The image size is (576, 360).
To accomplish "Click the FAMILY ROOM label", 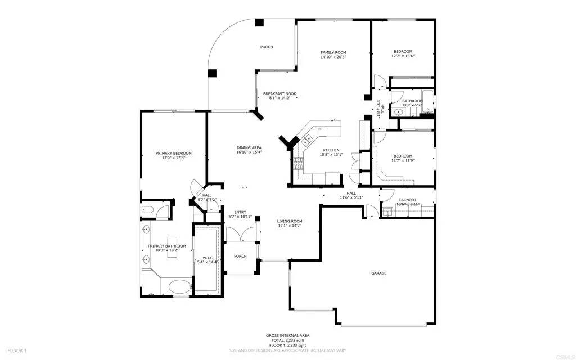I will (333, 52).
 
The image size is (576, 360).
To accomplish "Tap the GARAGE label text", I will (379, 273).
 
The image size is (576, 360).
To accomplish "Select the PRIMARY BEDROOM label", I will (174, 153).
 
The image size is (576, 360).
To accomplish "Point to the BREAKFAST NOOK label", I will (280, 93).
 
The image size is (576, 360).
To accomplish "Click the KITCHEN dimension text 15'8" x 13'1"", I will (330, 155).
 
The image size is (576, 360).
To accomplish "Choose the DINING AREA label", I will (249, 147).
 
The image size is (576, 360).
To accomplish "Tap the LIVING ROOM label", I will (290, 221).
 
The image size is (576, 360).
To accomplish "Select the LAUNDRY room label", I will (407, 200).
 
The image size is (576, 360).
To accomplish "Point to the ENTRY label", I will (240, 212).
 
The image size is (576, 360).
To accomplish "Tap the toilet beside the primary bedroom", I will (147, 210).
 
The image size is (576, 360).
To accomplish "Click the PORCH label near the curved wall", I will (266, 47).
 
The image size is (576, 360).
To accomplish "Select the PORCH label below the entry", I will (240, 256).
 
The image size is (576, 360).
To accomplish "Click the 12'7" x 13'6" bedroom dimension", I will (403, 56).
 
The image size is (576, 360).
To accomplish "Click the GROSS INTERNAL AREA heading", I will (287, 336).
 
